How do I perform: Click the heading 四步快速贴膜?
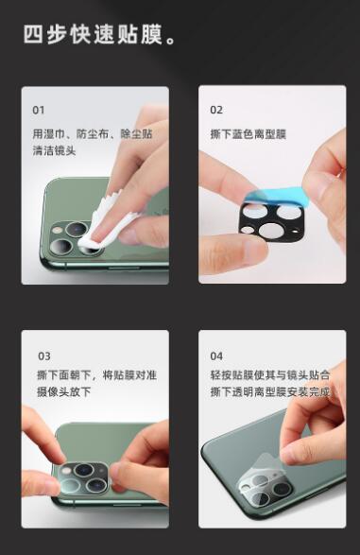tap(99, 34)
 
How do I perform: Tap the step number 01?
tap(39, 110)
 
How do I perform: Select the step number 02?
tap(216, 110)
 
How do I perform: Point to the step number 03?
tap(44, 356)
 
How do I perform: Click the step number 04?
tap(216, 356)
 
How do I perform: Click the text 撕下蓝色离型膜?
tap(248, 134)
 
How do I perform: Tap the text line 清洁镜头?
tap(54, 150)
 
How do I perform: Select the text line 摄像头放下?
tap(64, 391)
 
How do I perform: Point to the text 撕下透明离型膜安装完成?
tap(270, 391)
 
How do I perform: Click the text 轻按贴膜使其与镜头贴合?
tap(270, 374)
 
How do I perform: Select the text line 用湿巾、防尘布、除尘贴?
tap(93, 134)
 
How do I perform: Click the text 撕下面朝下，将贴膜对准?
tap(97, 374)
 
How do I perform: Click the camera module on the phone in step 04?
tap(266, 490)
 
